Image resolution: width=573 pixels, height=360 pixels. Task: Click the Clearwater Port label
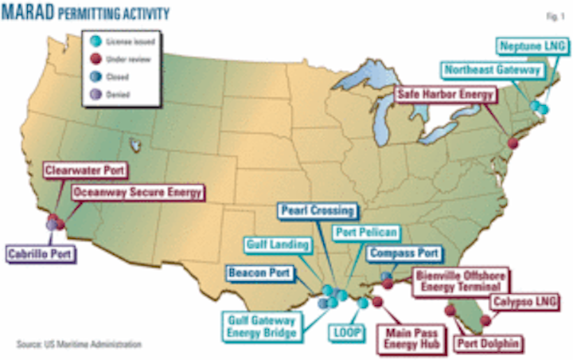click(x=87, y=170)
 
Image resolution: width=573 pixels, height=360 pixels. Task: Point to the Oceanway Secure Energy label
click(x=138, y=191)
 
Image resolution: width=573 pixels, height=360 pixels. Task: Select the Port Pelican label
click(x=364, y=233)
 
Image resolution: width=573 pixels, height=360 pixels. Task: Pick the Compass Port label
click(x=403, y=253)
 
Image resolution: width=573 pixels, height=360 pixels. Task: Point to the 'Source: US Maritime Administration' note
click(x=79, y=345)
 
